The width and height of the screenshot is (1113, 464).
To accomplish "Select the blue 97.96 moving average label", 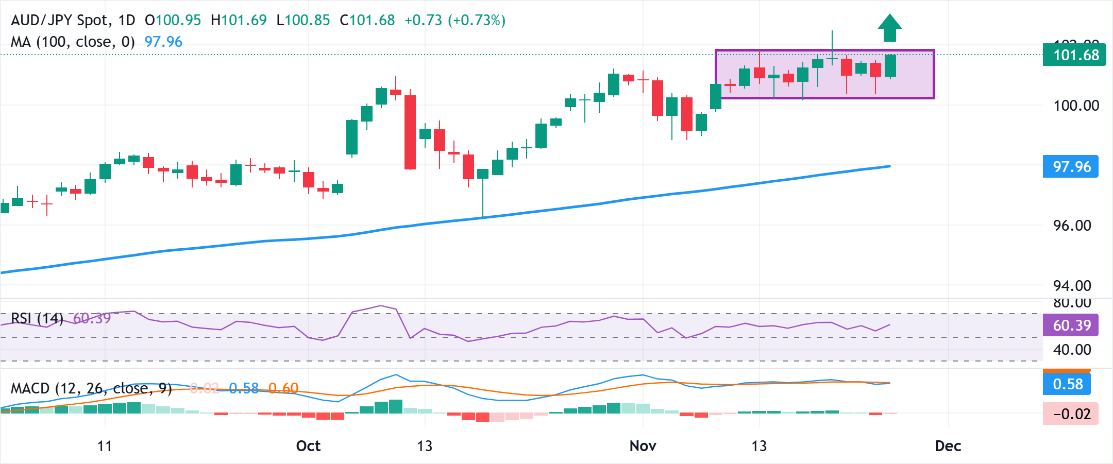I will click(x=1071, y=167).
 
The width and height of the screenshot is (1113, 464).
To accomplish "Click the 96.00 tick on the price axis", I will click(x=1072, y=226).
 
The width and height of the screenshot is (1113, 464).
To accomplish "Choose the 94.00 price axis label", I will click(x=1072, y=286).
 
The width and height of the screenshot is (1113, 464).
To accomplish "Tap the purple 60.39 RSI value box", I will click(x=1071, y=325).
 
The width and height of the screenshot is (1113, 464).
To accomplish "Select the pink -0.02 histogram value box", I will click(x=1071, y=414).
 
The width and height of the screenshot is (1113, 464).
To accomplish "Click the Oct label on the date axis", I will click(x=308, y=446).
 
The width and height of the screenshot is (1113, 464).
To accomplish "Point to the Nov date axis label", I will click(x=643, y=446).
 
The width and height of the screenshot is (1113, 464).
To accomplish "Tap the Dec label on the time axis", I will click(x=948, y=446).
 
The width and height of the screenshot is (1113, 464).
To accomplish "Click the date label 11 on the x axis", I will click(x=105, y=446).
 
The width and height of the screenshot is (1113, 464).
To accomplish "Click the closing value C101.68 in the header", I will click(x=367, y=21).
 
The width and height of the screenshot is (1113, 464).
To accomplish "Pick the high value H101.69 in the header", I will click(x=239, y=21).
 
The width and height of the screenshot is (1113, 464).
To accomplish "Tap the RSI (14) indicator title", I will click(x=37, y=318).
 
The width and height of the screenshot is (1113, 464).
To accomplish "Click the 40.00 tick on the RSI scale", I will click(x=1072, y=350).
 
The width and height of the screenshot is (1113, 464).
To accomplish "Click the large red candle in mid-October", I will click(x=410, y=132).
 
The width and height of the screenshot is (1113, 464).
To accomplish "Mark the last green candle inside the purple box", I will click(x=890, y=65).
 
